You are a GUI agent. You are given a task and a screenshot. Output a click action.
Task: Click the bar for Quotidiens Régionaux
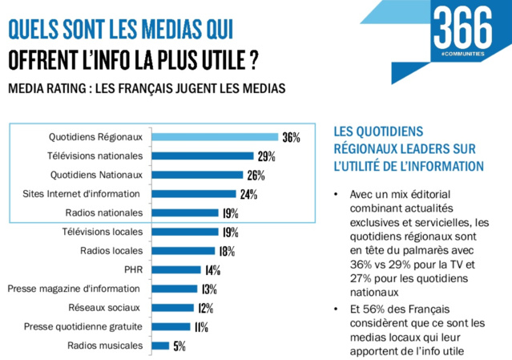click(213, 136)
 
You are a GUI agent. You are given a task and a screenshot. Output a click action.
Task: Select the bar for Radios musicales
click(159, 346)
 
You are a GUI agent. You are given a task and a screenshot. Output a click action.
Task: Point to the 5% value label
click(179, 346)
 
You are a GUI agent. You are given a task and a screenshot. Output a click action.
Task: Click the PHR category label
click(133, 269)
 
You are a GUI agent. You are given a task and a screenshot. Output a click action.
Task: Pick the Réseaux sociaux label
click(105, 307)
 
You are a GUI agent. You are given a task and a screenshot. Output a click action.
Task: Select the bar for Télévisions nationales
click(201, 156)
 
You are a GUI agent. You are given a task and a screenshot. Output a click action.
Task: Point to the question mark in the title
click(253, 61)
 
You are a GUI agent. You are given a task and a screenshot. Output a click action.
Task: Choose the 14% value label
click(212, 270)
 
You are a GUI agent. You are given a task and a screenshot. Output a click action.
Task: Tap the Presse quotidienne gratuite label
click(83, 326)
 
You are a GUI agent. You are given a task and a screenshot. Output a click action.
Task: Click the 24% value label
click(248, 194)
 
